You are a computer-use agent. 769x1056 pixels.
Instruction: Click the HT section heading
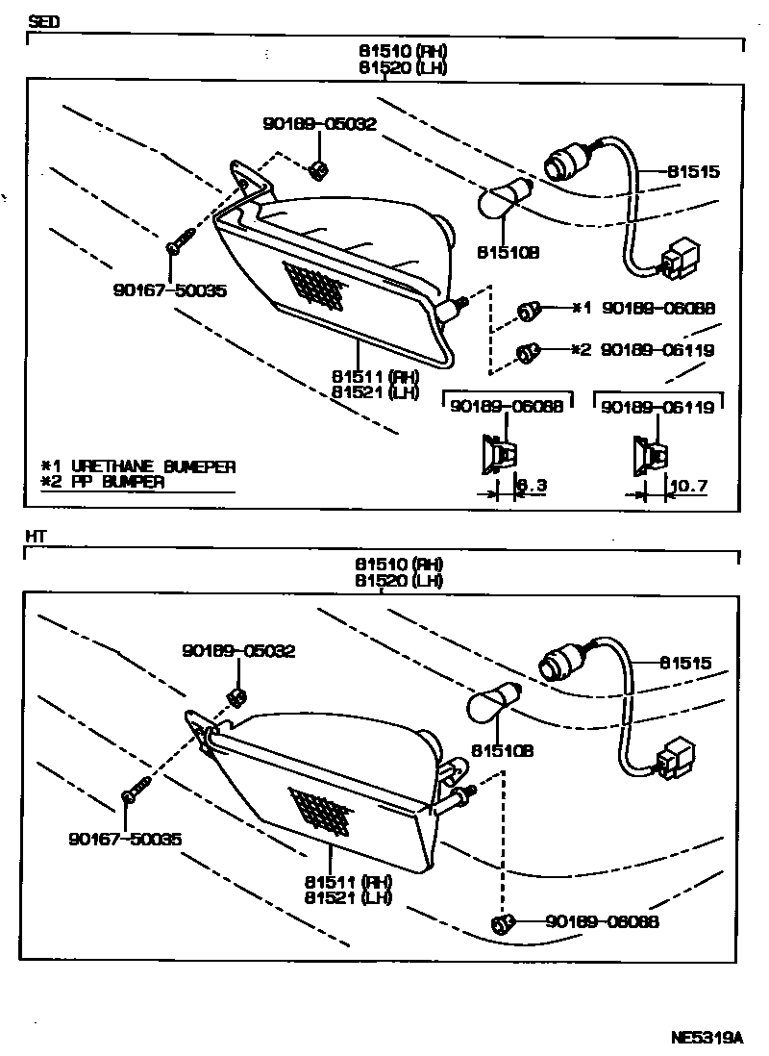point(37,536)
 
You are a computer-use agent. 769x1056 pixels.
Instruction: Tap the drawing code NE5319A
point(707,1038)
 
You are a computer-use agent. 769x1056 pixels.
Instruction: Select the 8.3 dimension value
point(532,486)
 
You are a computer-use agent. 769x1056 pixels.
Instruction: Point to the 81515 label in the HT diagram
point(685,663)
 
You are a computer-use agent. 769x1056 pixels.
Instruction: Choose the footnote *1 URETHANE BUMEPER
point(138,466)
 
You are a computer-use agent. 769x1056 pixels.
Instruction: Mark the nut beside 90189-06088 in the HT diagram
point(501,924)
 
